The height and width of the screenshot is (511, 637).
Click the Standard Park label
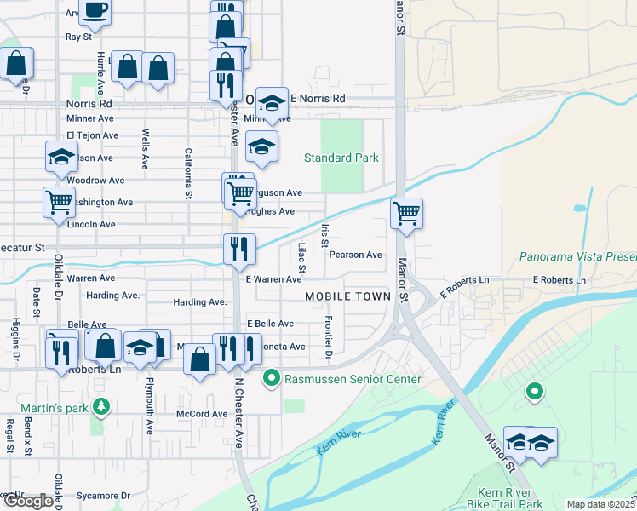pos(341,158)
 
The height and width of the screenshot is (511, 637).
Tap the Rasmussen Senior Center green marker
pos(272,376)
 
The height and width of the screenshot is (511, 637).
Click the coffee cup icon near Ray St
pos(95,11)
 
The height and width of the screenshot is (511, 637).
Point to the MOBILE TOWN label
pos(348,296)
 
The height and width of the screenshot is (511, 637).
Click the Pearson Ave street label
pos(356,255)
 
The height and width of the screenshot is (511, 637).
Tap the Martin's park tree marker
pos(101,405)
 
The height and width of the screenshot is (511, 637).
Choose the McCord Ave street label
pos(202,414)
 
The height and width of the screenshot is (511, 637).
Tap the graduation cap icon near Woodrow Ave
pos(62,157)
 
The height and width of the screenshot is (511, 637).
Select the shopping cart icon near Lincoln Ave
pos(59,203)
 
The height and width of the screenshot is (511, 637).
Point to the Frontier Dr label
pos(328,335)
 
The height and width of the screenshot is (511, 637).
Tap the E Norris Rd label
pos(318,99)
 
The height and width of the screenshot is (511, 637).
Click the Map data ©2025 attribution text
pos(600,504)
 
